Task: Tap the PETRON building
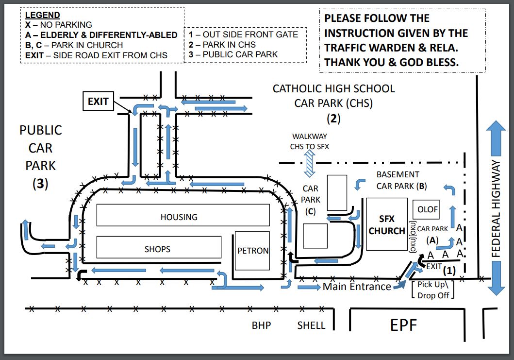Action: click(252, 251)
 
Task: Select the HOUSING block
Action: click(182, 215)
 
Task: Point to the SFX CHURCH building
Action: click(386, 224)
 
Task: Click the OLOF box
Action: click(428, 209)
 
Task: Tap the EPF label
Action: click(403, 325)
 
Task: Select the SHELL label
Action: click(311, 325)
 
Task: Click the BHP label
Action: click(261, 325)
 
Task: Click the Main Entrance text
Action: click(357, 287)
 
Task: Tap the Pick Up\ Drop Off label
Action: click(433, 290)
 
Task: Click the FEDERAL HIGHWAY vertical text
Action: click(496, 208)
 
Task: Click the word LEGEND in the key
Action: click(42, 16)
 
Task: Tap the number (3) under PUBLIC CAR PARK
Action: click(41, 185)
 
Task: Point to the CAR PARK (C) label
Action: click(311, 199)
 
